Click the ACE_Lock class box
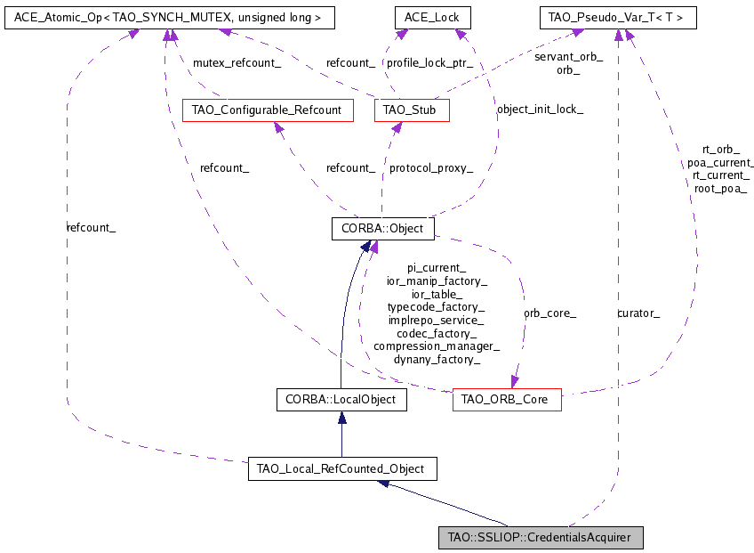tap(432, 17)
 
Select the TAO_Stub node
tap(412, 110)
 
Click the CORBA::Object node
tap(382, 229)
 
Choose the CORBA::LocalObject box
tap(341, 400)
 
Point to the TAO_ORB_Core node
tap(507, 400)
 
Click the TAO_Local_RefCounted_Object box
tap(341, 468)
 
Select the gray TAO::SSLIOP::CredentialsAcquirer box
tap(540, 537)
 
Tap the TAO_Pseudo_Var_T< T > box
tap(618, 17)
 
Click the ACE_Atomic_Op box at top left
tap(156, 17)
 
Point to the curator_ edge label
tap(638, 313)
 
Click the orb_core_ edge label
tap(549, 313)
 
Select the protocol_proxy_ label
tap(431, 167)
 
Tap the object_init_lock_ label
tap(539, 110)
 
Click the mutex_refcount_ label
tap(237, 63)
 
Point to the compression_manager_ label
tap(437, 346)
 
